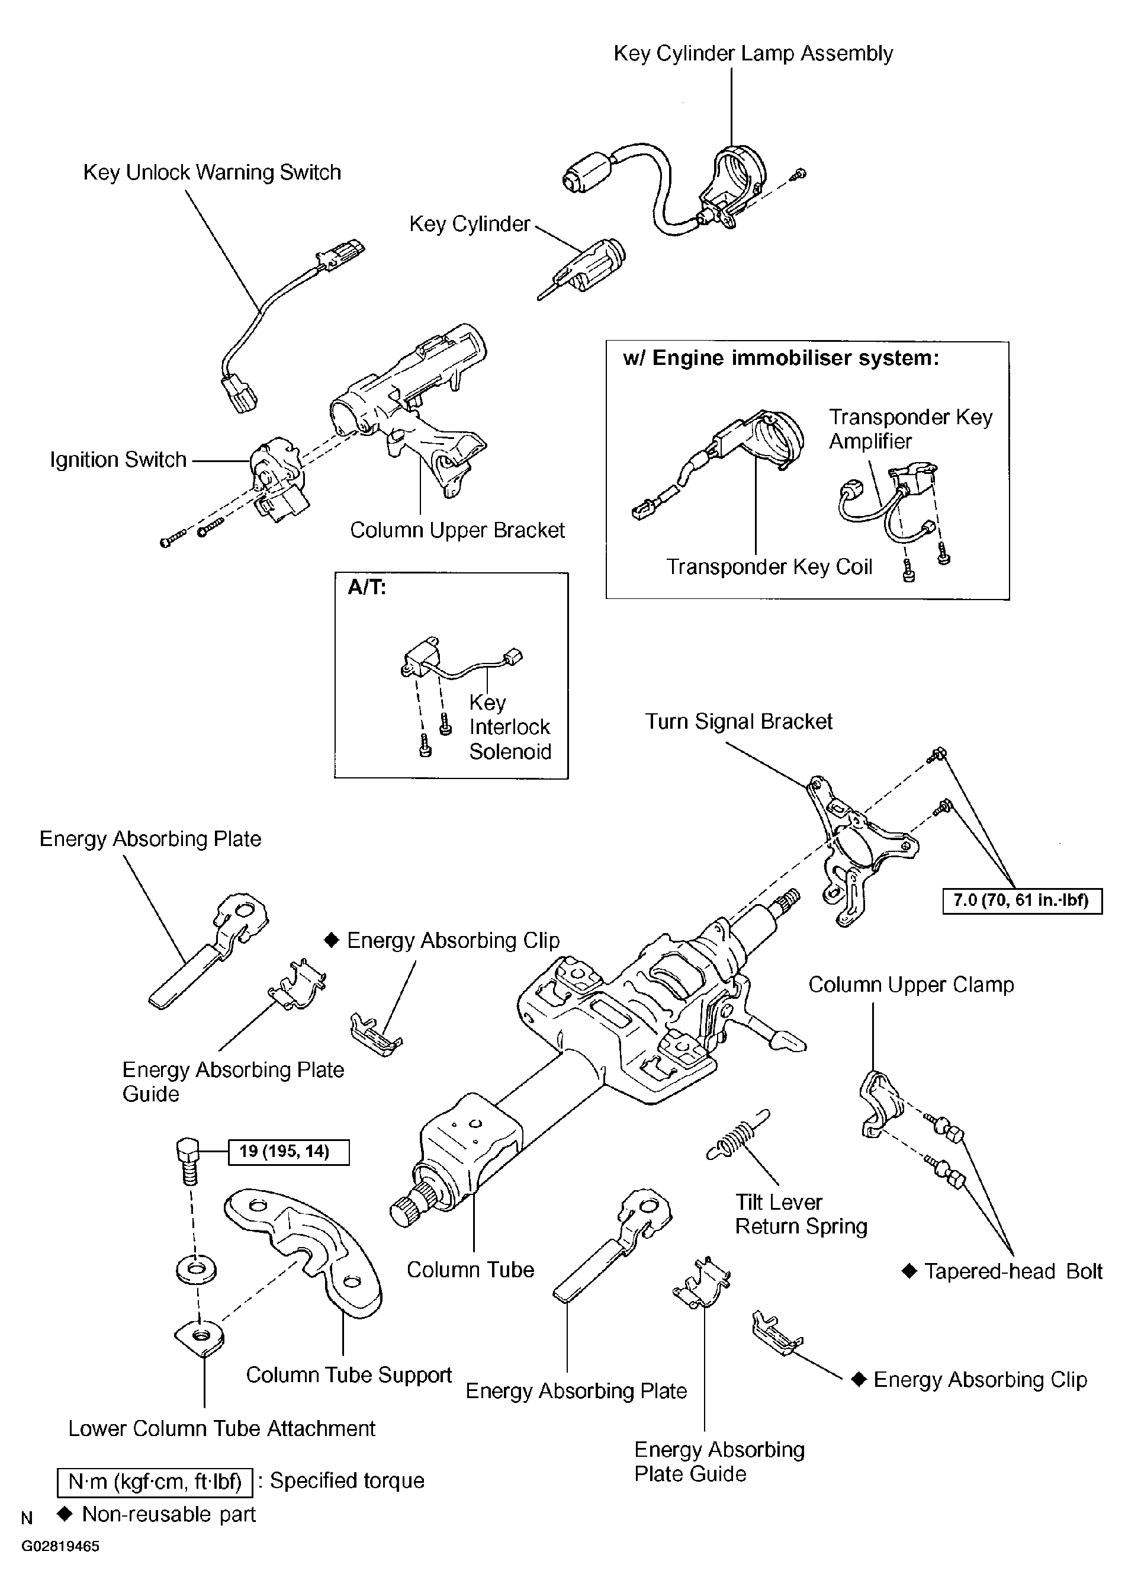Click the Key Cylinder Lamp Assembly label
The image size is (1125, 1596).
pyautogui.click(x=753, y=53)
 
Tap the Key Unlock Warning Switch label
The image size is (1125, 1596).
pyautogui.click(x=212, y=172)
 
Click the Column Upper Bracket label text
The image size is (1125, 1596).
pyautogui.click(x=457, y=530)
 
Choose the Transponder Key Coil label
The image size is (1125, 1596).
pyautogui.click(x=769, y=567)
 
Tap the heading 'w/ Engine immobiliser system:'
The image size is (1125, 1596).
pyautogui.click(x=781, y=358)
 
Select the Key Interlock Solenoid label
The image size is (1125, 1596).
pyautogui.click(x=510, y=727)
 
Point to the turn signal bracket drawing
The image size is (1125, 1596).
pyautogui.click(x=862, y=850)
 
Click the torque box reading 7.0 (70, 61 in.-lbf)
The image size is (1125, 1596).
pyautogui.click(x=1022, y=901)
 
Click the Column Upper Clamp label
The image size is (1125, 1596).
pyautogui.click(x=911, y=985)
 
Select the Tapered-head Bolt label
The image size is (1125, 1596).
pyautogui.click(x=1002, y=1271)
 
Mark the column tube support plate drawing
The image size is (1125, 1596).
pyautogui.click(x=304, y=1252)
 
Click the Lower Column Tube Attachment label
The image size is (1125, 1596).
pyautogui.click(x=221, y=1428)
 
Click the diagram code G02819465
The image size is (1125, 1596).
pyautogui.click(x=60, y=1547)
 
